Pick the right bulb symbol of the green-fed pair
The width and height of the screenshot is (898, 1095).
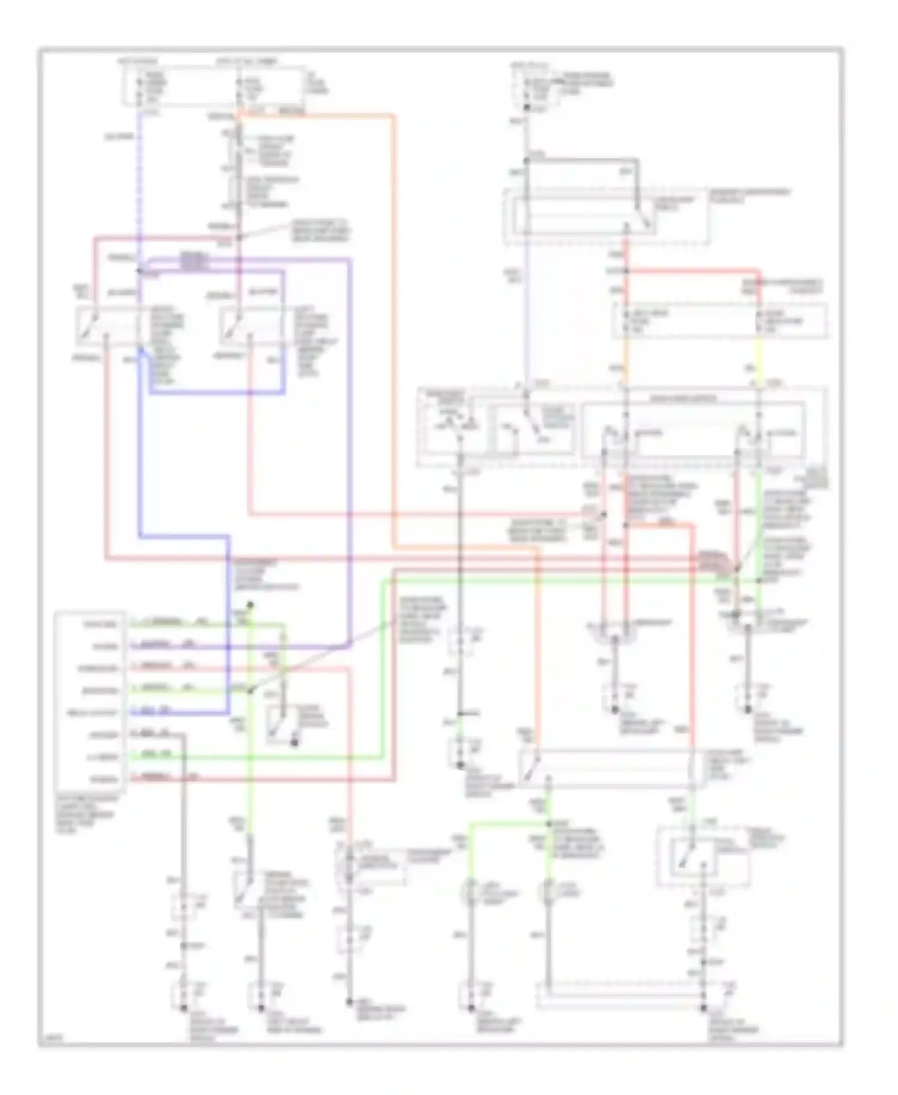(x=548, y=893)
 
